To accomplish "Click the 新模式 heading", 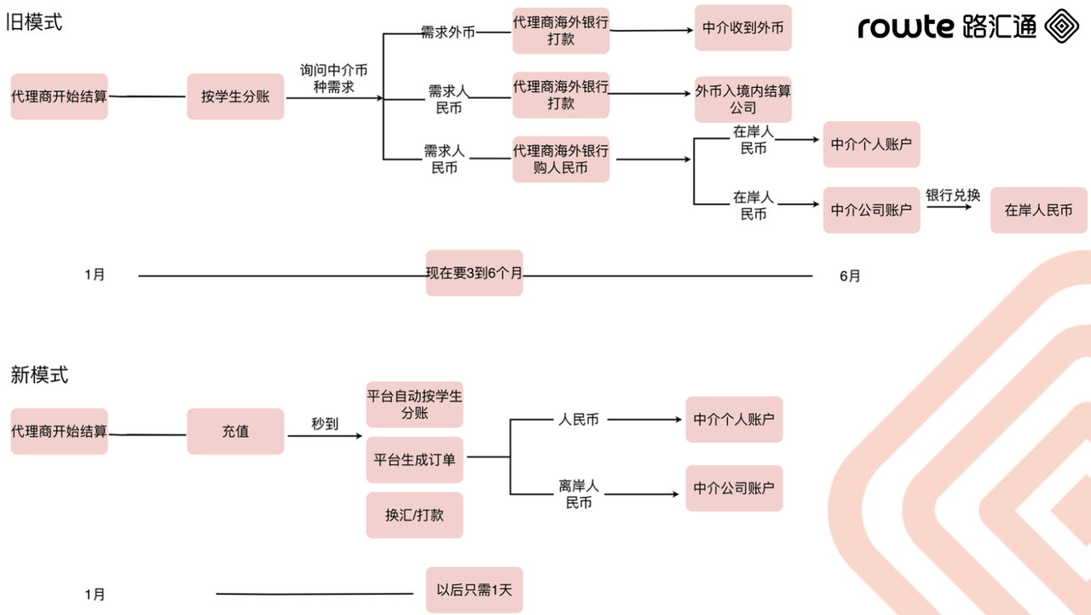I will [39, 374].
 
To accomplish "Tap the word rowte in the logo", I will [905, 26].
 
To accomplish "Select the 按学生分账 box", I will [235, 96].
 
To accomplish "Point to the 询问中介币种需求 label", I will [333, 78].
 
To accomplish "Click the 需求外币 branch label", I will [447, 32].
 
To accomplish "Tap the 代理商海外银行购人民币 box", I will [561, 160].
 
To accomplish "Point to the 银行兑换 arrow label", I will [953, 195].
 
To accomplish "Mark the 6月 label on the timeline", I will [850, 276].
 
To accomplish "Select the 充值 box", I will [235, 432].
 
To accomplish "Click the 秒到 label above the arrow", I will [325, 423].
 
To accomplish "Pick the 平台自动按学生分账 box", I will [414, 404].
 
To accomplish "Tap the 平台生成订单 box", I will [414, 460].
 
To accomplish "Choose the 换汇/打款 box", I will [414, 515].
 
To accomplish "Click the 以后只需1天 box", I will [474, 589].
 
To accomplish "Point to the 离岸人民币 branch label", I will [579, 495].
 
